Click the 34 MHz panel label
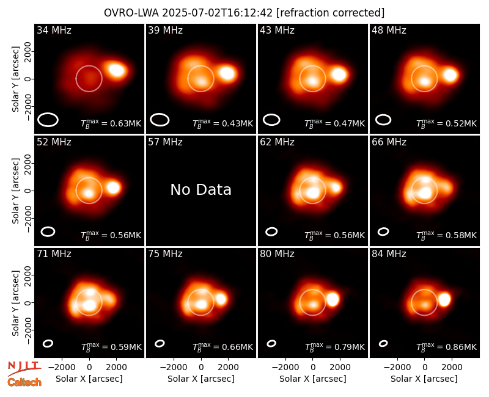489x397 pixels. click(x=54, y=30)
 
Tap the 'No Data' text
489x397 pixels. click(x=201, y=189)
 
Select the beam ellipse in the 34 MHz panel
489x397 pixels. click(x=48, y=120)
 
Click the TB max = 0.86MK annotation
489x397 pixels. click(x=446, y=347)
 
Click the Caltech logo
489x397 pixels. click(x=24, y=382)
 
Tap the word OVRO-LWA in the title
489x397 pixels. click(x=131, y=13)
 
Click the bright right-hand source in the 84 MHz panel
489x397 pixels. click(x=444, y=299)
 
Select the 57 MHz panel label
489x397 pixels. click(x=165, y=142)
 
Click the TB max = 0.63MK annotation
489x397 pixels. click(x=111, y=123)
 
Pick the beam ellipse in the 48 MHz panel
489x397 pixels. click(x=383, y=120)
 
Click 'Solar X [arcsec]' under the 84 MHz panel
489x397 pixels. click(x=424, y=379)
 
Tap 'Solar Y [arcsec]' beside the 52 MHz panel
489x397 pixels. click(x=15, y=191)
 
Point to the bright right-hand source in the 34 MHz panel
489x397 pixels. click(x=116, y=70)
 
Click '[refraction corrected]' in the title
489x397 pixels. click(x=330, y=13)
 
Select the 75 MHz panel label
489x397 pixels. click(x=165, y=253)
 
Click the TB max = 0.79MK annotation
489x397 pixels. click(x=334, y=347)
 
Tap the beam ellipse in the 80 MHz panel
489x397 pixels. click(x=271, y=343)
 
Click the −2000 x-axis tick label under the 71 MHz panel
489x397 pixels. click(x=62, y=368)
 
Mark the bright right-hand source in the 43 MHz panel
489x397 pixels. click(x=339, y=75)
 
